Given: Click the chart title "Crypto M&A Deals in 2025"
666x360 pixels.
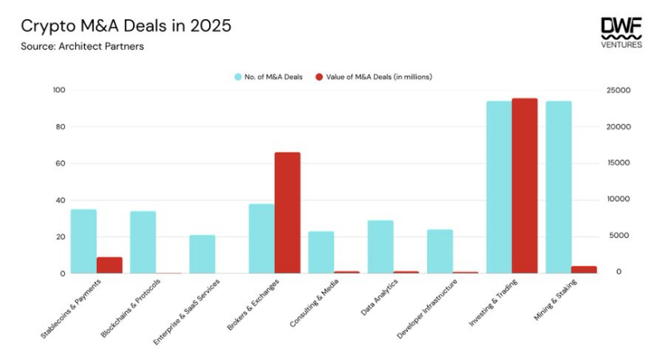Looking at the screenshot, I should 126,26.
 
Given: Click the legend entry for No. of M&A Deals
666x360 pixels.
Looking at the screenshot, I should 268,77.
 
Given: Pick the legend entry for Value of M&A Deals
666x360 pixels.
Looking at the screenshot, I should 373,77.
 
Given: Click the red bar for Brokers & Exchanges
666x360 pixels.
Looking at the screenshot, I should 288,212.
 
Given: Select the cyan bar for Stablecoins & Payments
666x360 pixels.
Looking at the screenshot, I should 83,241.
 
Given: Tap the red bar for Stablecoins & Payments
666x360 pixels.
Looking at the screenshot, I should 110,265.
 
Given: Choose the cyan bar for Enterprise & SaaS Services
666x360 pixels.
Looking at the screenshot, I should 202,254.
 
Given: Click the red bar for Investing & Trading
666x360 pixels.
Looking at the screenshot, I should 525,186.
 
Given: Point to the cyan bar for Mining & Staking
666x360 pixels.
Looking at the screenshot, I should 559,187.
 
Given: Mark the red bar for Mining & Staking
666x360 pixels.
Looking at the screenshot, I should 584,269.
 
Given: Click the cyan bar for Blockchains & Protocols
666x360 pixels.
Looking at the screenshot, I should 143,242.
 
